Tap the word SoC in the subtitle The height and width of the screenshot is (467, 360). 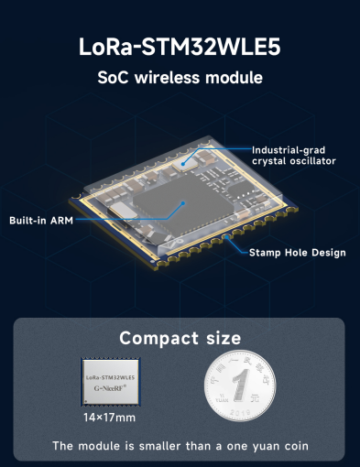point(113,78)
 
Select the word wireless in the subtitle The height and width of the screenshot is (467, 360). point(170,78)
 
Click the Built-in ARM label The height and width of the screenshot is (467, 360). point(42,221)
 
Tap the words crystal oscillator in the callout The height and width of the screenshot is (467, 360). point(293,161)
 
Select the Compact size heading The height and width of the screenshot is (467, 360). point(180,338)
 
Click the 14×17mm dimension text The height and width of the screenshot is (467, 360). point(110,418)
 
